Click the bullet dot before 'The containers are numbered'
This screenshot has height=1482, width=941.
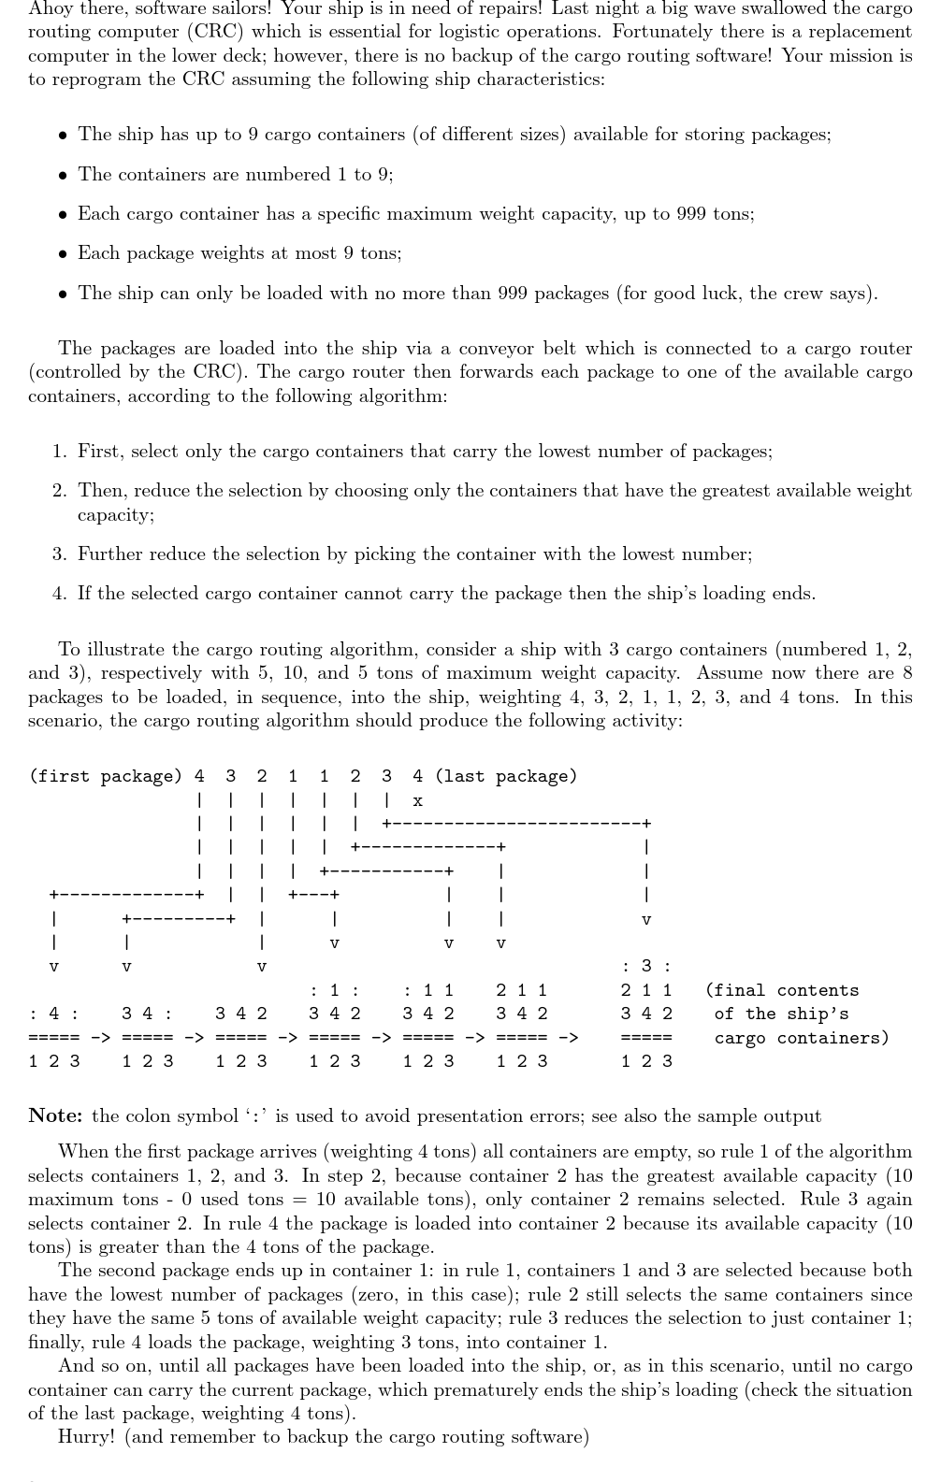coord(62,176)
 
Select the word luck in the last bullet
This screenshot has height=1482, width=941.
coord(717,294)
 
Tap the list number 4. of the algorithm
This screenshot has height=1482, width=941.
coord(59,594)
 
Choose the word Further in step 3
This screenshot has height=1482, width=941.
coord(109,554)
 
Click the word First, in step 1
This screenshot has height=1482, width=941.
coord(101,452)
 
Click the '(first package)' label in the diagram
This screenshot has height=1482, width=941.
coord(105,776)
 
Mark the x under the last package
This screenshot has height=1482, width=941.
coord(417,800)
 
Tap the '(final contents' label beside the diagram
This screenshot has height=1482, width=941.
coord(782,990)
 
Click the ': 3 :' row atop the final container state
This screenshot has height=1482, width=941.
coord(646,966)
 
